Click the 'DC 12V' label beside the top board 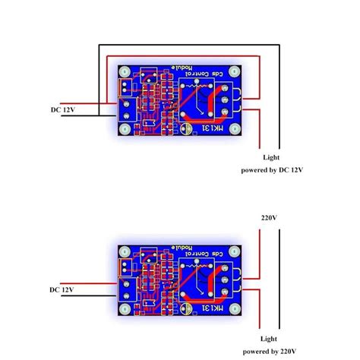[63, 110]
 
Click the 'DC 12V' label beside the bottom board [63, 289]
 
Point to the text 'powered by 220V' [272, 352]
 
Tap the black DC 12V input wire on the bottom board [91, 296]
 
